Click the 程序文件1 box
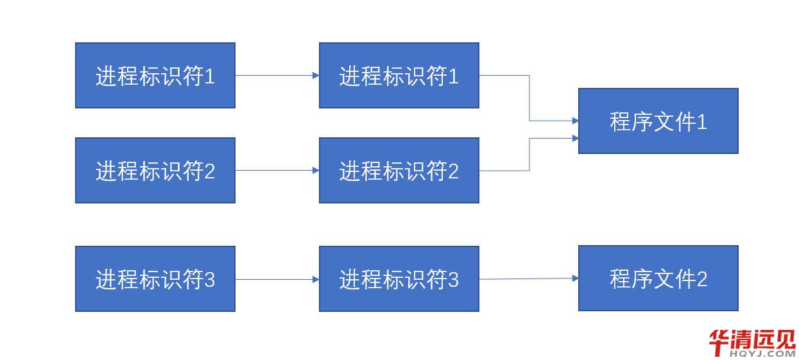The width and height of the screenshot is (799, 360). pos(658,121)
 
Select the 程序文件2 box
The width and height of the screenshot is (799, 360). pos(658,278)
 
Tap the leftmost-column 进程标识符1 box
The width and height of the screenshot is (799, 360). pos(155,75)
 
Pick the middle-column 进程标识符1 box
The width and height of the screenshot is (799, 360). pos(399,75)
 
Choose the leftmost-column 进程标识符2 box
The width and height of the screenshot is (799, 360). pos(155,170)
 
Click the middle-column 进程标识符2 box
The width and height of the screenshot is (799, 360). pos(399,170)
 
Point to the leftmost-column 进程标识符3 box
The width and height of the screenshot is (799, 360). pos(155,279)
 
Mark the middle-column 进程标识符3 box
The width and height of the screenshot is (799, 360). pos(399,279)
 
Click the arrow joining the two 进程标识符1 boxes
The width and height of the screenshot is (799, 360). pos(277,75)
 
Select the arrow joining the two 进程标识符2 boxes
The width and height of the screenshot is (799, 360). pos(277,170)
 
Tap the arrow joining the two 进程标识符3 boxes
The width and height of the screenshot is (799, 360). pos(277,279)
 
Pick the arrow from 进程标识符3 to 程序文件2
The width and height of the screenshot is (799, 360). pos(526,279)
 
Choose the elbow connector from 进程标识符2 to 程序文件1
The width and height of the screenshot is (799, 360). pos(529,154)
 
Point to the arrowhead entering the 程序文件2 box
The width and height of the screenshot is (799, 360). pos(575,278)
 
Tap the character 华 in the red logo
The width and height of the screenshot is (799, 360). pos(719,340)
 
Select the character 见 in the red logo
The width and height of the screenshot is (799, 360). pos(785,339)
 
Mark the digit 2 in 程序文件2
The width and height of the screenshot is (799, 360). pos(701,279)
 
